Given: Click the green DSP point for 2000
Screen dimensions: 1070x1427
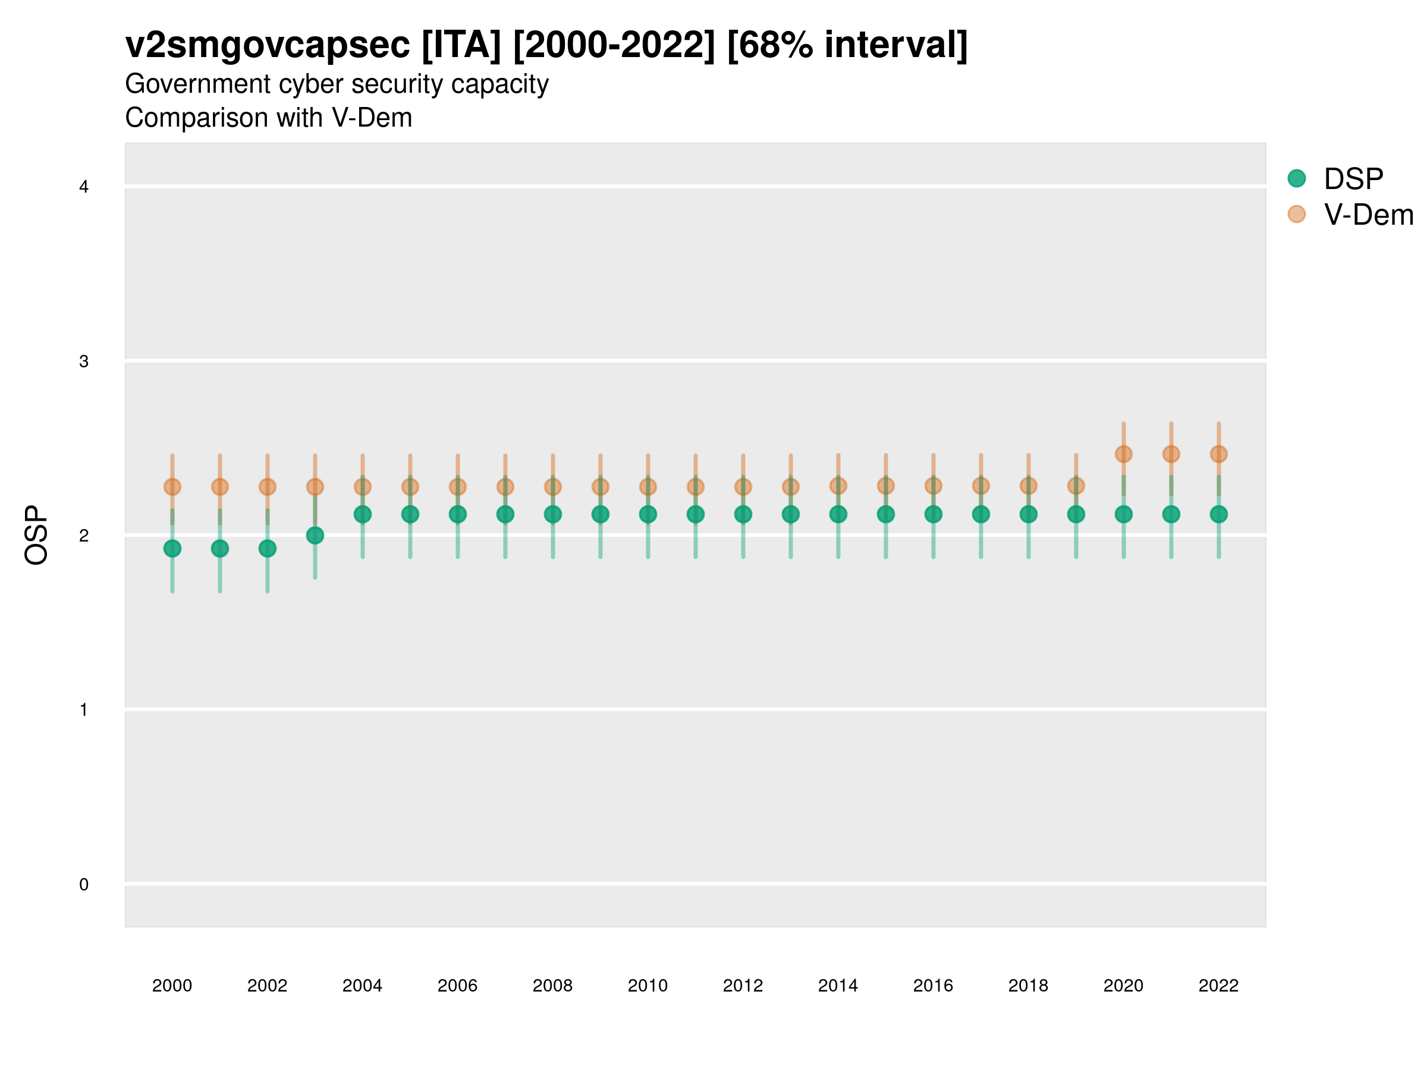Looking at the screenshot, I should pyautogui.click(x=172, y=548).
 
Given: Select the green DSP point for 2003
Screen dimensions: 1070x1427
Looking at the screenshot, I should pyautogui.click(x=315, y=536).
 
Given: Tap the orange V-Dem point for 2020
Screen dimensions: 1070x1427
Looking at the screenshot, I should pyautogui.click(x=1123, y=454).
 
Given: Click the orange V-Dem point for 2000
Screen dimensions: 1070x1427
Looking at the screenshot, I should pyautogui.click(x=172, y=486).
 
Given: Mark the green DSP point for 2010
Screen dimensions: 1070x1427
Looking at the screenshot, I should pyautogui.click(x=648, y=514).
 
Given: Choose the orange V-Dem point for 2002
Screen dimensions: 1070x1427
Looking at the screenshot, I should pyautogui.click(x=267, y=486).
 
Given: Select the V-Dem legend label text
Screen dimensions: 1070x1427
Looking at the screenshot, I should pyautogui.click(x=1368, y=215).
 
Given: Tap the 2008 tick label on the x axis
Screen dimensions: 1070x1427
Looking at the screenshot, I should pyautogui.click(x=552, y=986).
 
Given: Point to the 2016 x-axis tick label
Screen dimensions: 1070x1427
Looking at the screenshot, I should pyautogui.click(x=933, y=986).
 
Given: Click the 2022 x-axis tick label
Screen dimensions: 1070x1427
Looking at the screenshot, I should pyautogui.click(x=1218, y=986).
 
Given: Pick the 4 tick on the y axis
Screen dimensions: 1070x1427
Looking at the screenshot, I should pyautogui.click(x=84, y=187).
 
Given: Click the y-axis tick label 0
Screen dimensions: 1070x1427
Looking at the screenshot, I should pyautogui.click(x=84, y=885).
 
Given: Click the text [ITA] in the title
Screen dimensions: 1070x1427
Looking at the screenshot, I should pyautogui.click(x=461, y=45).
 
